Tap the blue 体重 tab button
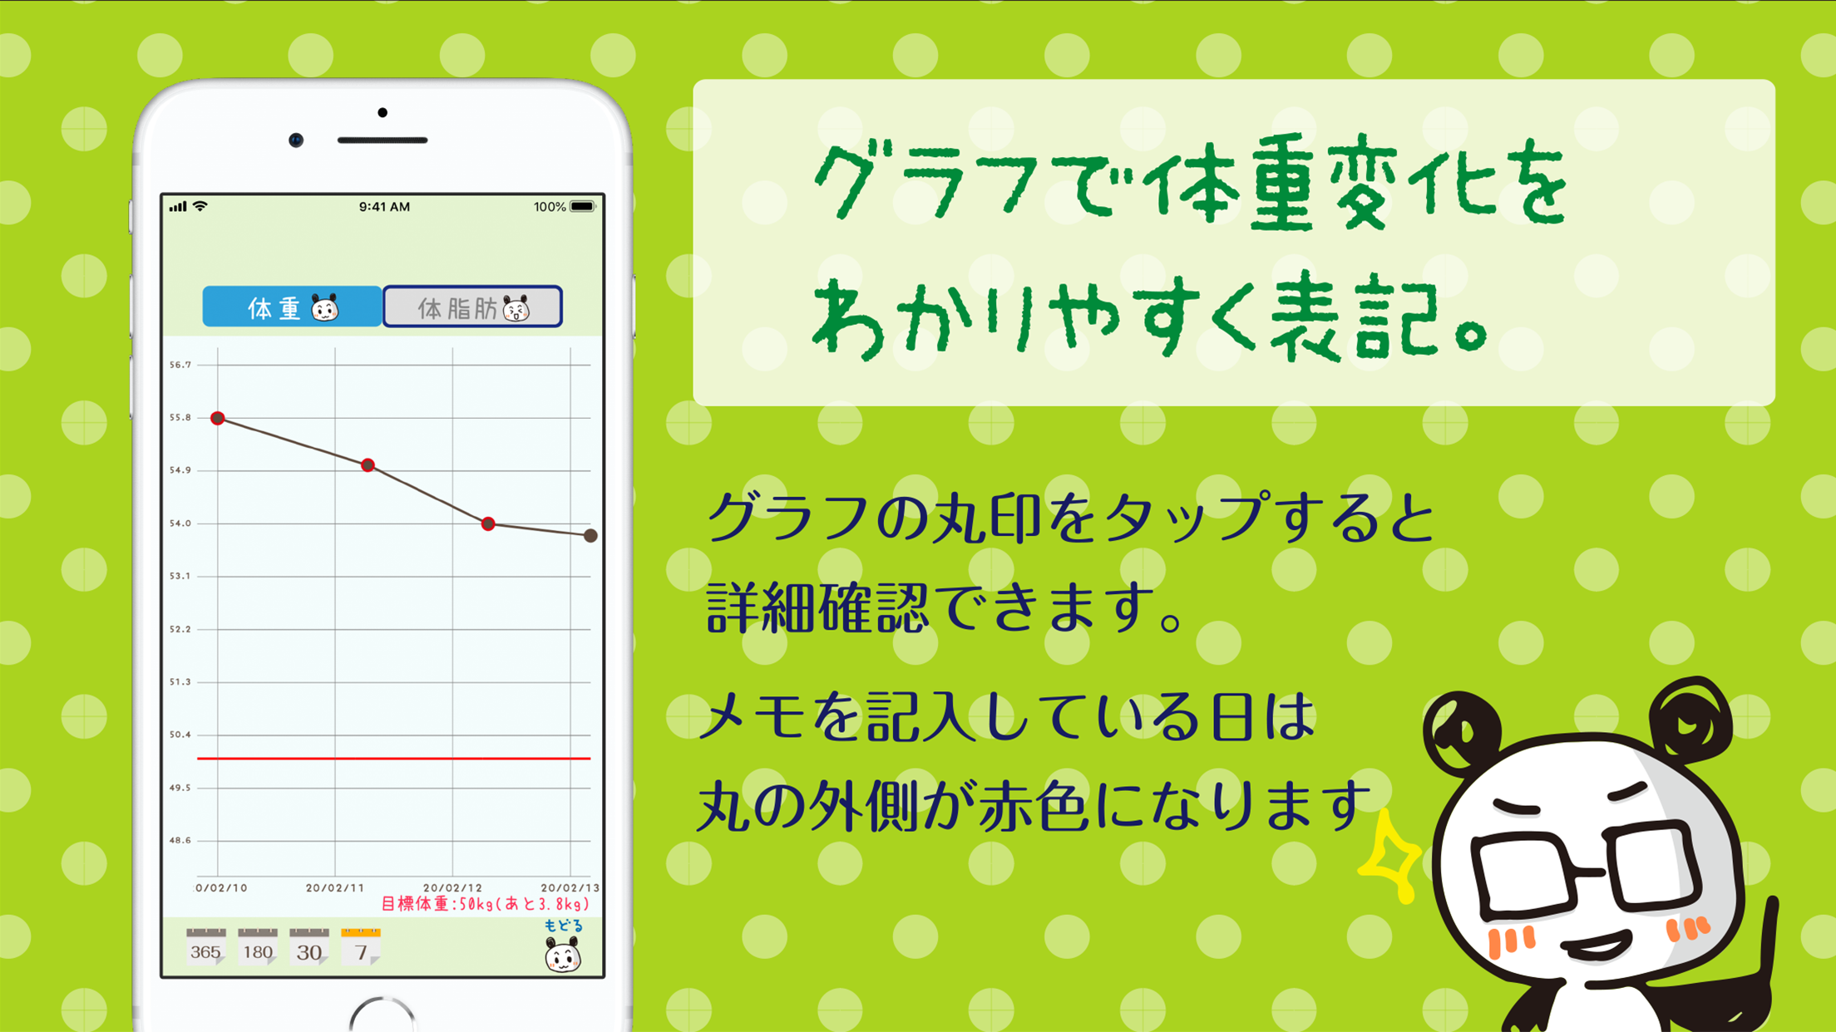(292, 307)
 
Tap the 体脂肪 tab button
(472, 307)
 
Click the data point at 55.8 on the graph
(218, 418)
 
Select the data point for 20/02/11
(368, 465)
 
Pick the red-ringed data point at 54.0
(489, 523)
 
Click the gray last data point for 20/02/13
(590, 536)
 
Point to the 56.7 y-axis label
(180, 365)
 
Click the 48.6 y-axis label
(180, 841)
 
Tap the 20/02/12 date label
(452, 888)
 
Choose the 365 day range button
(205, 947)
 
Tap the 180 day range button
(258, 947)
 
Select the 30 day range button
(309, 947)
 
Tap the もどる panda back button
(563, 947)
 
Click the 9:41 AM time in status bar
(384, 207)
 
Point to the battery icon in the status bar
(583, 207)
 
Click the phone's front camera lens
(296, 140)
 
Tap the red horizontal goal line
(393, 759)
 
